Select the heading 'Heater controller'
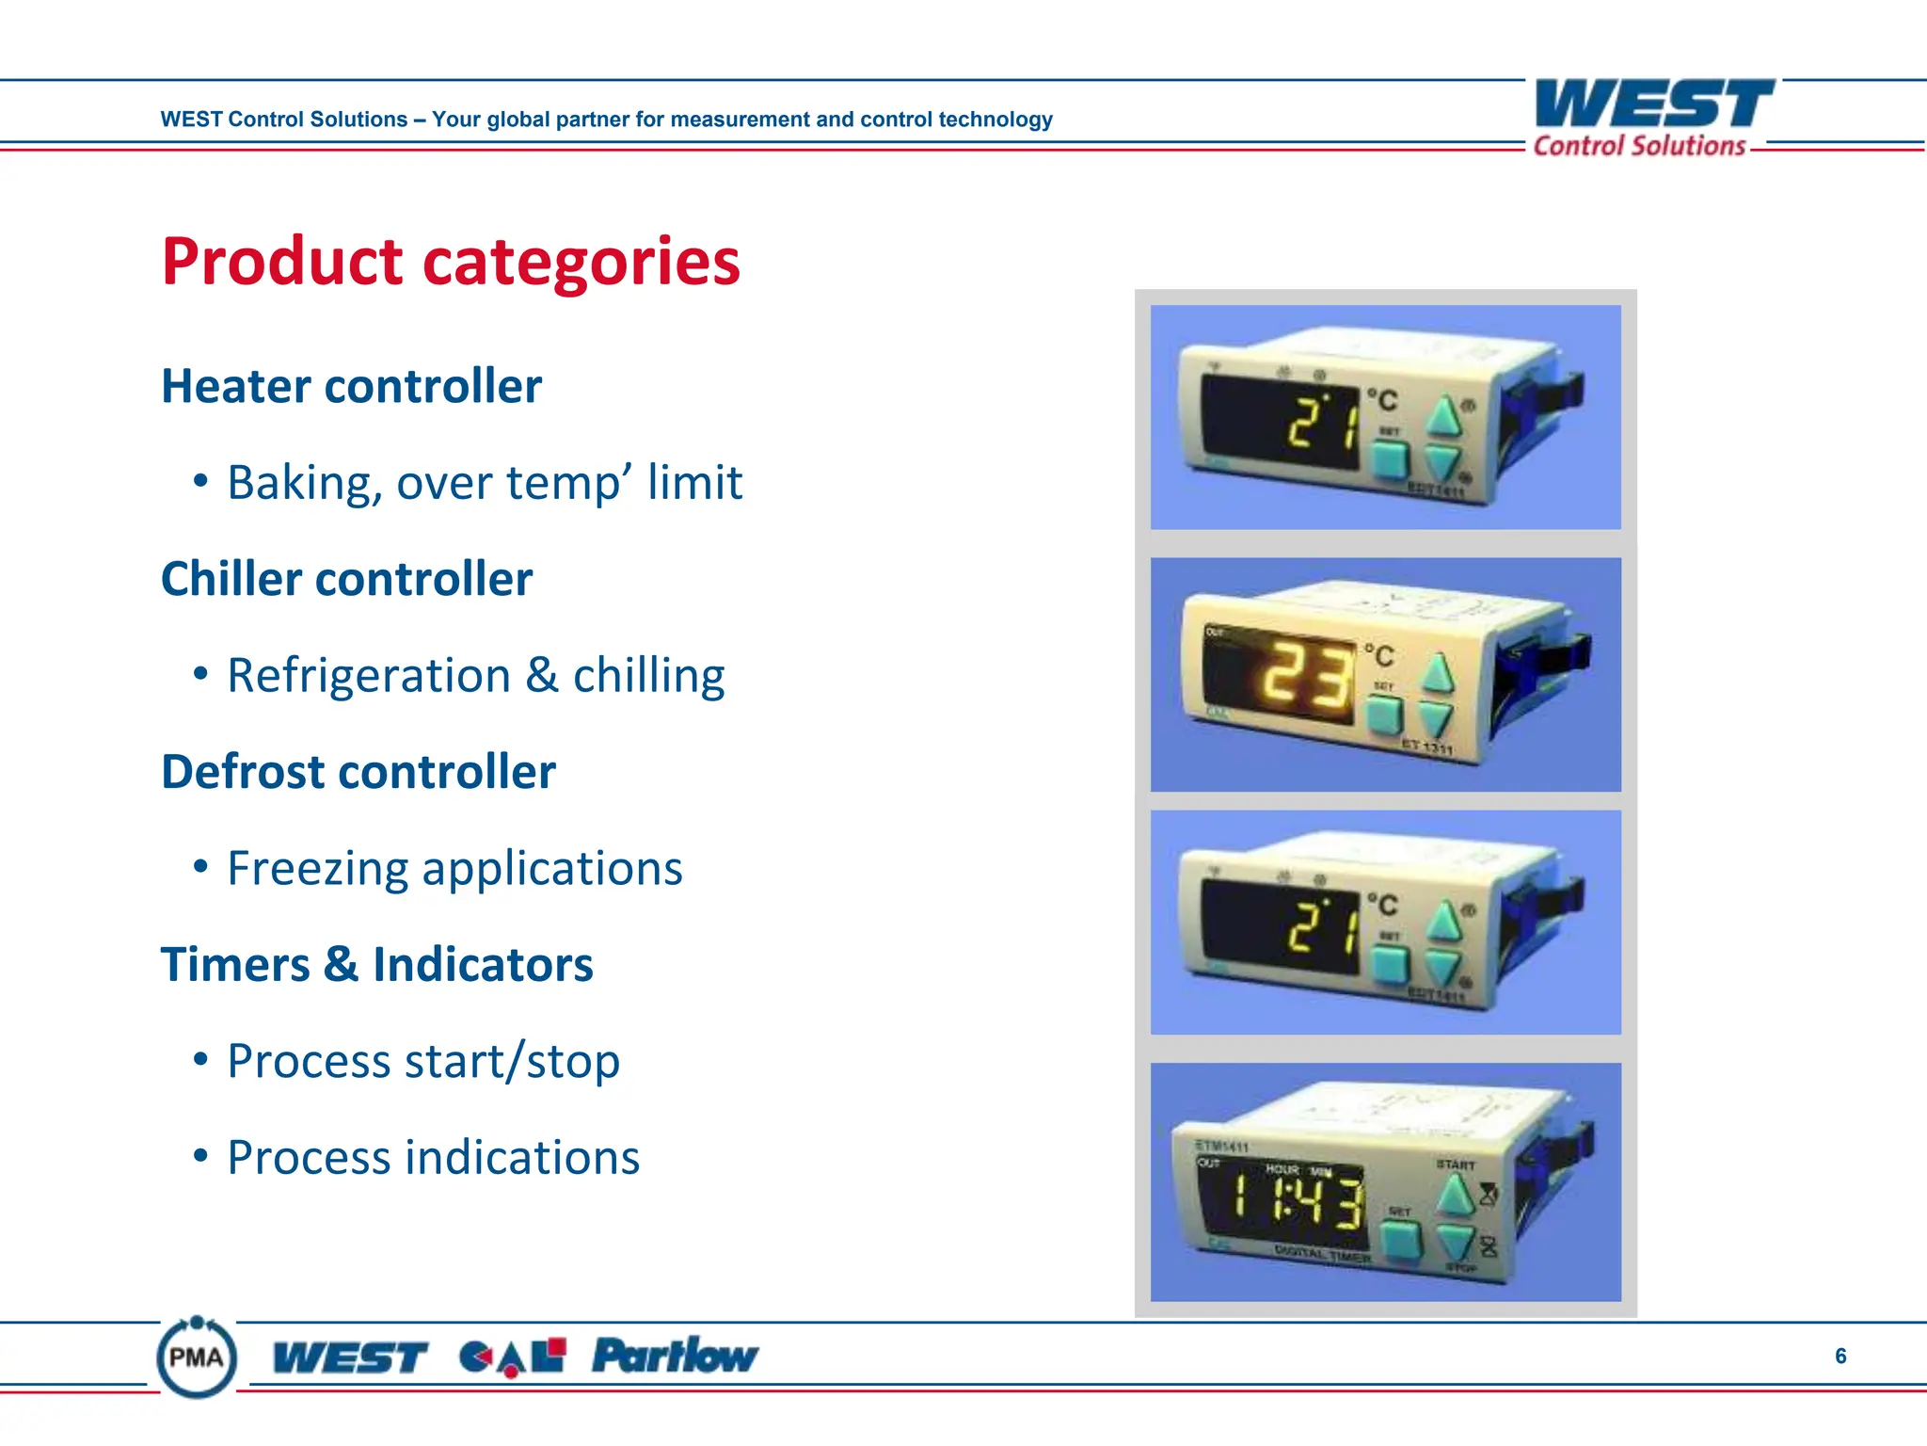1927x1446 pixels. pyautogui.click(x=351, y=386)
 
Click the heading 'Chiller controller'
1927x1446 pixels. pyautogui.click(x=346, y=579)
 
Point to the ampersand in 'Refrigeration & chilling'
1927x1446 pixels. pyautogui.click(x=541, y=676)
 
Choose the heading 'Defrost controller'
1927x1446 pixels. pyautogui.click(x=358, y=772)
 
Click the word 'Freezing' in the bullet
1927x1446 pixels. pyautogui.click(x=317, y=869)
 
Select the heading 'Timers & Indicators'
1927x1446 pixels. pyautogui.click(x=376, y=965)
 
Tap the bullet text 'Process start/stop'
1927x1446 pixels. pyautogui.click(x=423, y=1062)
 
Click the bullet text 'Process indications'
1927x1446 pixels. pyautogui.click(x=433, y=1158)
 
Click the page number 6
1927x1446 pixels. pyautogui.click(x=1840, y=1356)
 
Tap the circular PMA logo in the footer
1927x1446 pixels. pyautogui.click(x=196, y=1358)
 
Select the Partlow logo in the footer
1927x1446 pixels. pyautogui.click(x=674, y=1357)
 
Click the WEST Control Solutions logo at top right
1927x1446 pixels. pyautogui.click(x=1652, y=118)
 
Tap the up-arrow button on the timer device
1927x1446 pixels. pyautogui.click(x=1455, y=1197)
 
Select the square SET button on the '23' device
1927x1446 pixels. pyautogui.click(x=1384, y=715)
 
